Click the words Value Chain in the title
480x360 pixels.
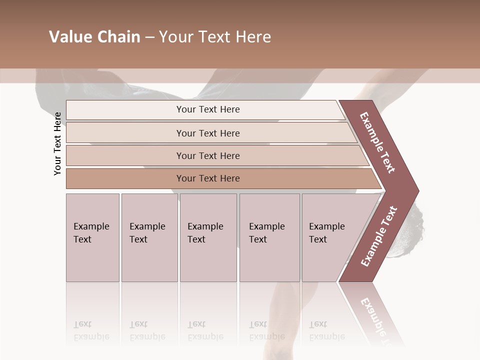[x=94, y=37]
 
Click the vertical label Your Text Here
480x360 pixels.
[x=57, y=143]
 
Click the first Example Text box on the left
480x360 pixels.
[x=92, y=237]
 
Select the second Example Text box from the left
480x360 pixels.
[x=149, y=237]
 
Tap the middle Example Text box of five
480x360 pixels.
[x=208, y=237]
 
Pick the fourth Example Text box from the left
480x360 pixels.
[x=269, y=237]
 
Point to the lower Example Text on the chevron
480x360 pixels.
[x=378, y=236]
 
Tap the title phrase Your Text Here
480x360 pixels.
[x=215, y=37]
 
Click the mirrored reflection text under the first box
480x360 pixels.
[x=91, y=330]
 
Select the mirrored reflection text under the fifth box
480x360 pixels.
[x=326, y=330]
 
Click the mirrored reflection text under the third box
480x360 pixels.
[x=205, y=330]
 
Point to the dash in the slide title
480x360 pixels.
[x=149, y=37]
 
